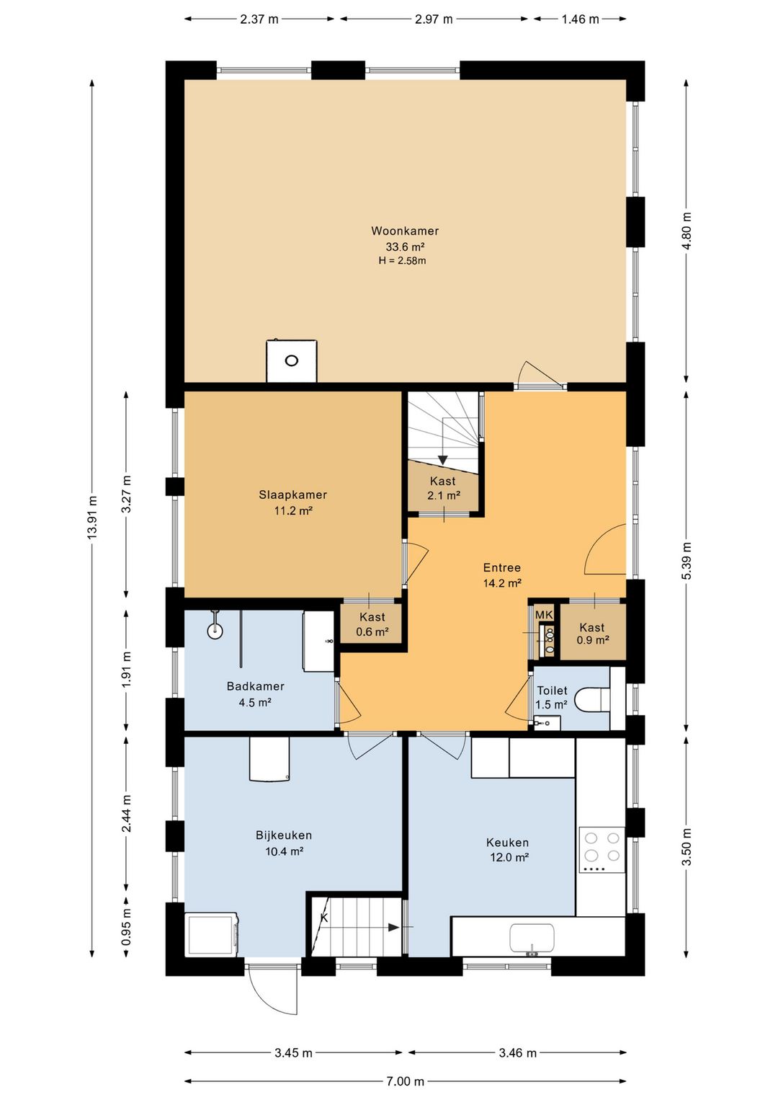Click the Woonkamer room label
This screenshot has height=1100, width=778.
pos(404,231)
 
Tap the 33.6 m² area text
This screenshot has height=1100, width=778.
pos(404,246)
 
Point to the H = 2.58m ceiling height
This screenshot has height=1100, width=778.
pos(402,261)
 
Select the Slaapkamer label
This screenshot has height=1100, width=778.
pos(292,494)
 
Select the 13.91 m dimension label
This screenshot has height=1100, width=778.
pos(91,518)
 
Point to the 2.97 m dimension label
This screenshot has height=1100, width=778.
pos(434,19)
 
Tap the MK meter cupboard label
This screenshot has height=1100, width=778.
pos(544,614)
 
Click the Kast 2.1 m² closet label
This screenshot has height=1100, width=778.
pos(443,488)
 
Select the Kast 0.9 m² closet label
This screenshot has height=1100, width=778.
pos(592,634)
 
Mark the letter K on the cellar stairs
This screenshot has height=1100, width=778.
pos(324,918)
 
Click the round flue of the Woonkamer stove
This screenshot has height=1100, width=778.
pos(292,361)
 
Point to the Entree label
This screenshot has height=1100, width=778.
pos(501,567)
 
